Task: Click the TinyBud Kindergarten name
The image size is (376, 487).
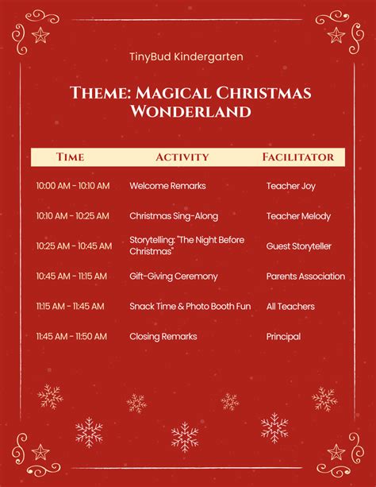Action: click(186, 57)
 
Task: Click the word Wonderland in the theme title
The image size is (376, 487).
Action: click(190, 111)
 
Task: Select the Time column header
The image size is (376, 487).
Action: click(70, 157)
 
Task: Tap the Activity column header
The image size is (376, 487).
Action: click(182, 157)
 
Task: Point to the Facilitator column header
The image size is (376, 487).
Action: click(298, 157)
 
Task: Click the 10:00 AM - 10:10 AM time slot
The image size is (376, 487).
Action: click(73, 186)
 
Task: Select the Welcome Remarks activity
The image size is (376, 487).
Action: click(167, 186)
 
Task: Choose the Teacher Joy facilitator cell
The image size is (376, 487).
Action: click(290, 186)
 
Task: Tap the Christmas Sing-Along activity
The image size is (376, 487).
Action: click(174, 216)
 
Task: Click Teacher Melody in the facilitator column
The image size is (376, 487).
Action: click(298, 216)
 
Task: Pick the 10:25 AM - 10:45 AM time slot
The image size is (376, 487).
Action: click(74, 246)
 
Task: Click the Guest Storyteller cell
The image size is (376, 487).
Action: click(299, 246)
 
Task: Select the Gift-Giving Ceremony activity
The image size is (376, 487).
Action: click(174, 276)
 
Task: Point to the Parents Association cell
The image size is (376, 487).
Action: click(305, 276)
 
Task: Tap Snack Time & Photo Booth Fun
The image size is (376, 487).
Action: click(190, 306)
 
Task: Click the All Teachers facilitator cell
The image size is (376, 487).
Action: click(290, 306)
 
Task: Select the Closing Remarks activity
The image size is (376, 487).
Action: click(163, 336)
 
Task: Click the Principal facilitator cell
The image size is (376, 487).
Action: click(283, 337)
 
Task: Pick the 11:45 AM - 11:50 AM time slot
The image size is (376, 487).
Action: click(71, 336)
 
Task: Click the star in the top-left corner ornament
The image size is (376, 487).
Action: click(40, 35)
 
